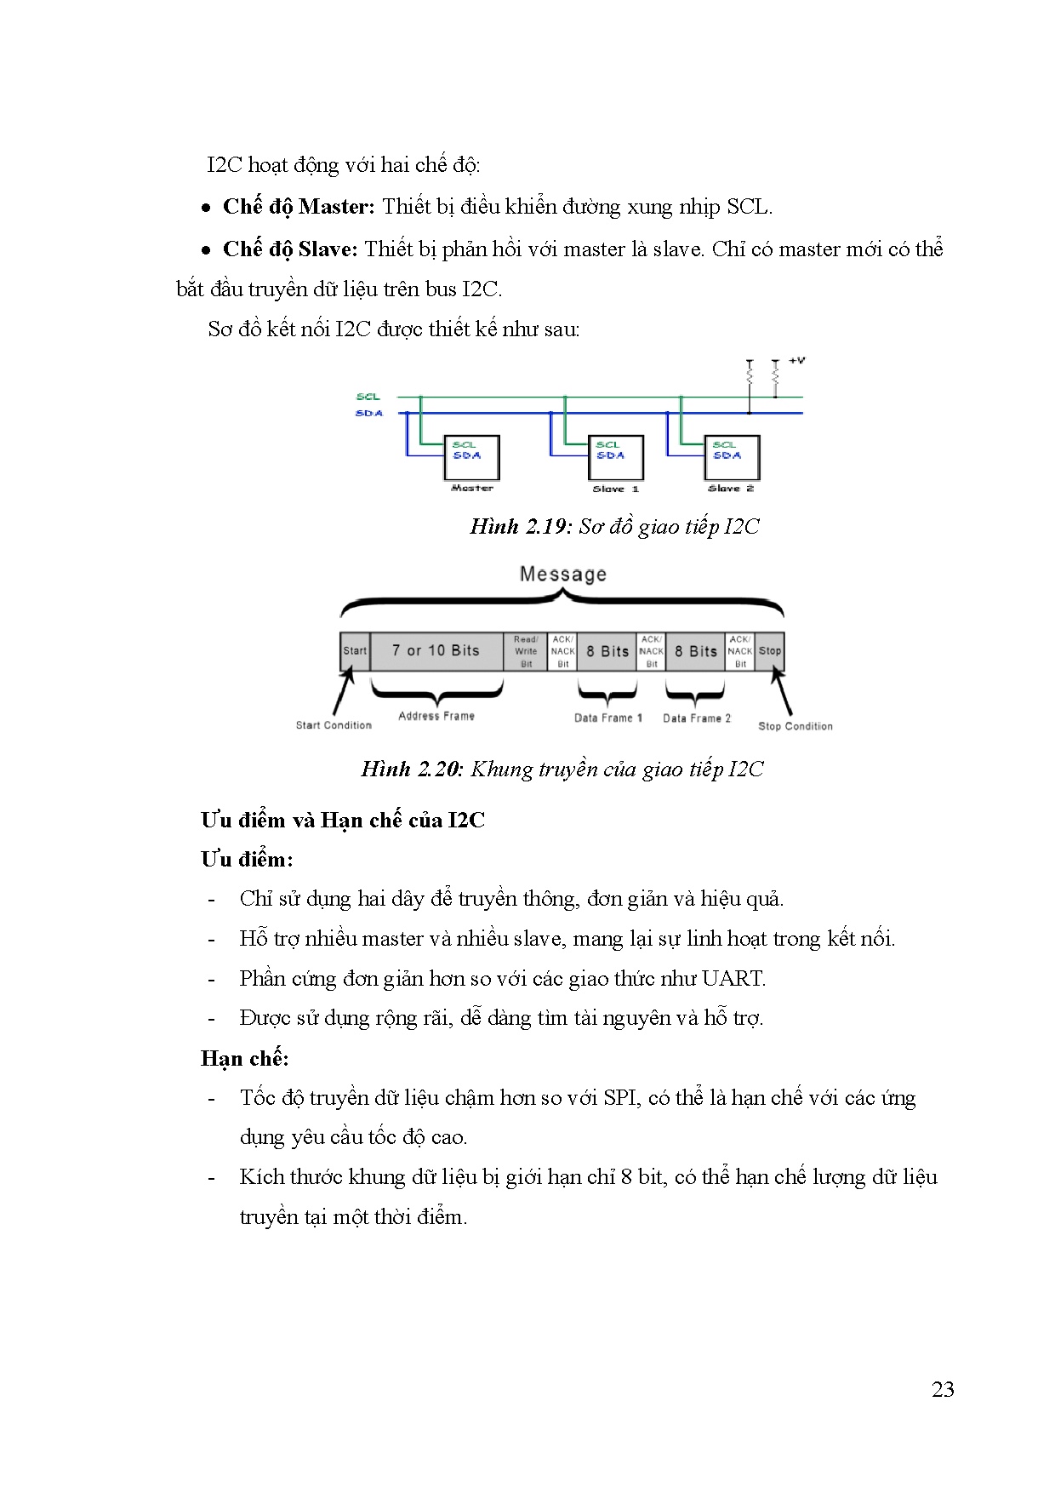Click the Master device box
click(x=471, y=458)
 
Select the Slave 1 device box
click(x=615, y=458)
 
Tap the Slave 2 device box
click(x=731, y=458)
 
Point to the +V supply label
click(x=796, y=361)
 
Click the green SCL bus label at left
click(x=368, y=397)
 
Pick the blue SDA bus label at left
click(x=369, y=414)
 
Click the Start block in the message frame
click(x=355, y=651)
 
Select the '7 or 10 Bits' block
click(x=436, y=651)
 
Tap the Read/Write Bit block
click(x=526, y=651)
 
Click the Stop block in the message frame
click(x=770, y=651)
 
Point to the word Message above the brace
click(x=562, y=575)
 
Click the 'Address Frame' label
click(x=436, y=717)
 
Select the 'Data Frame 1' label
click(x=608, y=718)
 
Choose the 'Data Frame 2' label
click(x=697, y=718)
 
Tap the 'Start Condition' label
click(x=334, y=725)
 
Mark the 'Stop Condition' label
click(x=796, y=726)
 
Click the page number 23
click(x=943, y=1390)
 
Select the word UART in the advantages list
click(x=733, y=979)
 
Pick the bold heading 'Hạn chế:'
click(x=245, y=1059)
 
